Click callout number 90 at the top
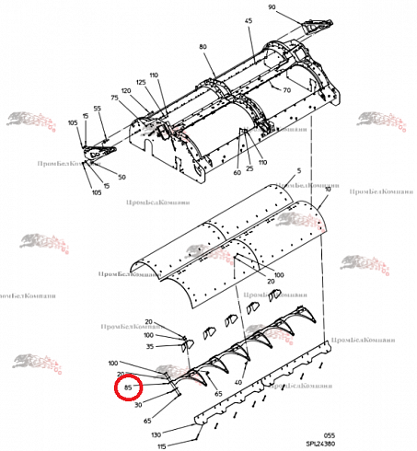coord(272,7)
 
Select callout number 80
coord(203,46)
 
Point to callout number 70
coord(286,90)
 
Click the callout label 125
coord(141,83)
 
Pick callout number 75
coord(115,98)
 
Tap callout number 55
coord(97,109)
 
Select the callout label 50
coord(122,177)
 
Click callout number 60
coord(237,172)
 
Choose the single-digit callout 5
coord(299,170)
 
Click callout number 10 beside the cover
coord(328,189)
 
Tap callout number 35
coord(149,347)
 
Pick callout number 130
coord(156,434)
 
